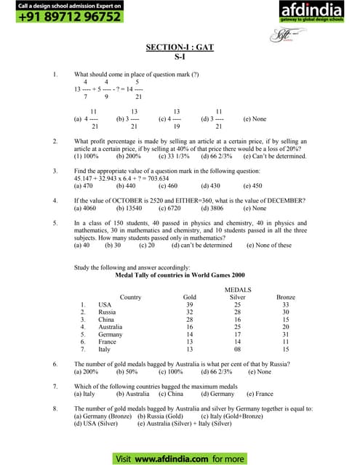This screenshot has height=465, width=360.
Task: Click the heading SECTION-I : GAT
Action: point(179,48)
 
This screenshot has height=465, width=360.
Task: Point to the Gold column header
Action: point(190,297)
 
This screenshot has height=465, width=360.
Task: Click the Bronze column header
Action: point(286,297)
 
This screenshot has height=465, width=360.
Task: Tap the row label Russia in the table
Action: point(108,312)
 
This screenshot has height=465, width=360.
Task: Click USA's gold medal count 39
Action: point(190,304)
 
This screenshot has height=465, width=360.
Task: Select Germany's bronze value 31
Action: point(286,334)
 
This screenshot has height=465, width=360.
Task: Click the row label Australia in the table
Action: point(111,327)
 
